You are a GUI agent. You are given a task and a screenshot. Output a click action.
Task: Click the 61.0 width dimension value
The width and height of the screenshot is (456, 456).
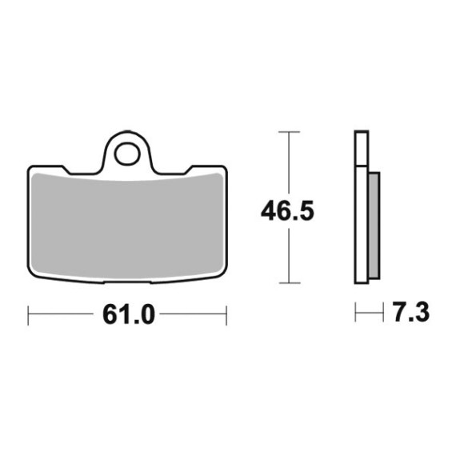[129, 314]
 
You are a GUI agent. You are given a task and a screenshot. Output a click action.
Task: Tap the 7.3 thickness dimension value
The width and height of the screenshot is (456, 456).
[410, 312]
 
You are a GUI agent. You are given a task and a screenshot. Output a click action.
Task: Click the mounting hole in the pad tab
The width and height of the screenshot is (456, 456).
[127, 154]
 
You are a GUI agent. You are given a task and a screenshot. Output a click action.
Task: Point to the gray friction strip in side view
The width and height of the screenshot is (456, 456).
[374, 226]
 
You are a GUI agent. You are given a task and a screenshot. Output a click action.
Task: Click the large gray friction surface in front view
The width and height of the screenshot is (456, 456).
[127, 226]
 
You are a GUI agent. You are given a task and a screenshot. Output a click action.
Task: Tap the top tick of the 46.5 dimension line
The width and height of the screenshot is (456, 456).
[289, 132]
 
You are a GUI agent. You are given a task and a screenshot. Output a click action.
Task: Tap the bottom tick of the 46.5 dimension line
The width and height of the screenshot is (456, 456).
[289, 282]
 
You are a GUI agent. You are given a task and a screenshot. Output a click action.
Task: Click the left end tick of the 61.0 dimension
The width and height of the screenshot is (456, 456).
[28, 315]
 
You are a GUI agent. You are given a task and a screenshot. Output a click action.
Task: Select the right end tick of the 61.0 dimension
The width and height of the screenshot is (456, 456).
[226, 315]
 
